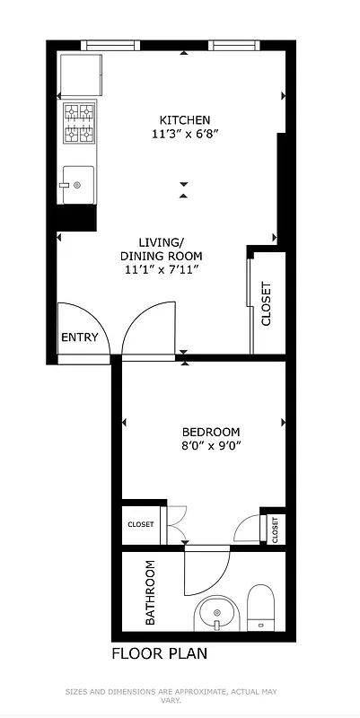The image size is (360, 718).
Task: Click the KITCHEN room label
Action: tap(185, 120)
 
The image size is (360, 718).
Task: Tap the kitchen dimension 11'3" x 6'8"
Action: tap(185, 135)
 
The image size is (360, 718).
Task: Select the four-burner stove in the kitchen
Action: tap(78, 123)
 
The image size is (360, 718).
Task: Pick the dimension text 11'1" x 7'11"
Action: tap(161, 268)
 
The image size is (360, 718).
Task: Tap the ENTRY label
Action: tap(79, 337)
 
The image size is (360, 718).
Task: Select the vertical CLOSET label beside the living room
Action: tap(266, 304)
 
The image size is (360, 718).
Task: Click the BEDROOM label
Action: tap(211, 432)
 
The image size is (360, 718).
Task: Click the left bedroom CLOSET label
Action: tap(140, 524)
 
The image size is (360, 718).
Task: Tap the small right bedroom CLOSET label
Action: tap(276, 529)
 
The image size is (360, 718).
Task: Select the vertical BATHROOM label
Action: tap(150, 592)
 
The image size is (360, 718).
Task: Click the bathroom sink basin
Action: tap(216, 616)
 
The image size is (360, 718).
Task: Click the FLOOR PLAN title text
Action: tap(159, 653)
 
